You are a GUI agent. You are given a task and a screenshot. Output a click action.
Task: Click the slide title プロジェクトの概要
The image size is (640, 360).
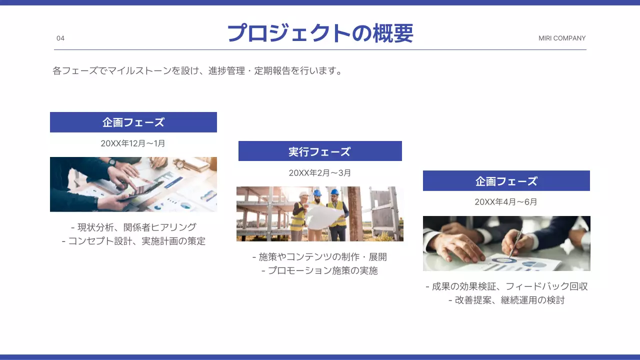pyautogui.click(x=320, y=33)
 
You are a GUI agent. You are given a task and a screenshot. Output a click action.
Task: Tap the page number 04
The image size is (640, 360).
pyautogui.click(x=60, y=38)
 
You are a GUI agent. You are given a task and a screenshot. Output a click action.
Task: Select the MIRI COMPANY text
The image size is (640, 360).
pyautogui.click(x=562, y=38)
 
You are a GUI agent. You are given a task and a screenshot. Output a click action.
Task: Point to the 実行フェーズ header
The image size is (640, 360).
pyautogui.click(x=320, y=151)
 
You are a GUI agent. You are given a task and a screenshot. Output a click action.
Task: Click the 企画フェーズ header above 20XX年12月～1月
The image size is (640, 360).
pyautogui.click(x=133, y=122)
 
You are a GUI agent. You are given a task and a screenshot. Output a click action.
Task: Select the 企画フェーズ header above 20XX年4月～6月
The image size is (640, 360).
pyautogui.click(x=506, y=181)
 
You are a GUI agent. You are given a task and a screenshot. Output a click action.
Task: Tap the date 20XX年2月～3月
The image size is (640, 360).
pyautogui.click(x=320, y=173)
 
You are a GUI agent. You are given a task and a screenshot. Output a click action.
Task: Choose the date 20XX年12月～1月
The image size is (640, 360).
pyautogui.click(x=133, y=143)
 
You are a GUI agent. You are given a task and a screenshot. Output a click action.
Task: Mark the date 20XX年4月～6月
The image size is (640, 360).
pyautogui.click(x=506, y=202)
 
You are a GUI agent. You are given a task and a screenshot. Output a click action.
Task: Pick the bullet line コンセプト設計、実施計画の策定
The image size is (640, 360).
pyautogui.click(x=134, y=241)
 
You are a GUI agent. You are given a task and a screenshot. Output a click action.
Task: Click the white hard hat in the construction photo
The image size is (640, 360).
pyautogui.click(x=303, y=194)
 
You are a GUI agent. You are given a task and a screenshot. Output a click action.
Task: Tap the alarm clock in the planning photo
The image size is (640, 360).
pyautogui.click(x=180, y=162)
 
